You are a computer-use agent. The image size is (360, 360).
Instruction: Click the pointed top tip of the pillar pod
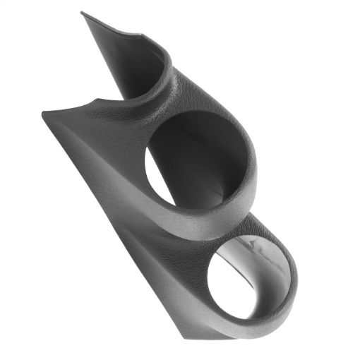pos(83,13)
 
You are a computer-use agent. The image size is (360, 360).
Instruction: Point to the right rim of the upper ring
pos(253,169)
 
